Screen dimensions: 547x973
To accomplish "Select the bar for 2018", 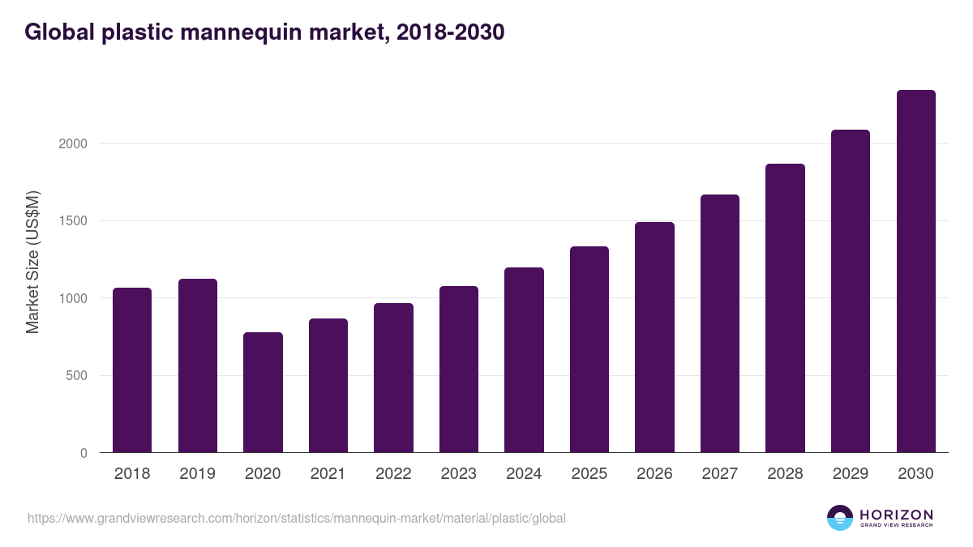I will [x=132, y=370].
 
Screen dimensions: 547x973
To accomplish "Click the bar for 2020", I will [x=263, y=392].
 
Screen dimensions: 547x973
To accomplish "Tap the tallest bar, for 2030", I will [x=915, y=271].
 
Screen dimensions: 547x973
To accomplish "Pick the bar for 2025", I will [x=589, y=349].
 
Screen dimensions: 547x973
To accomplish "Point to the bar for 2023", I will [x=459, y=370].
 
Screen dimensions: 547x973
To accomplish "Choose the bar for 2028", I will [x=785, y=308].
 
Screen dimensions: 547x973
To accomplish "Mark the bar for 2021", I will [x=328, y=386].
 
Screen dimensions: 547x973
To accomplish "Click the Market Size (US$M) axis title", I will [x=33, y=262].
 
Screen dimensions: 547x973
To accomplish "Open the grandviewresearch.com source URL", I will [x=297, y=518].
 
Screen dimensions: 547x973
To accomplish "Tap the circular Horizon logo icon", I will [x=840, y=518].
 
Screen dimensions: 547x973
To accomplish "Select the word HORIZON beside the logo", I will [x=896, y=514].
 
